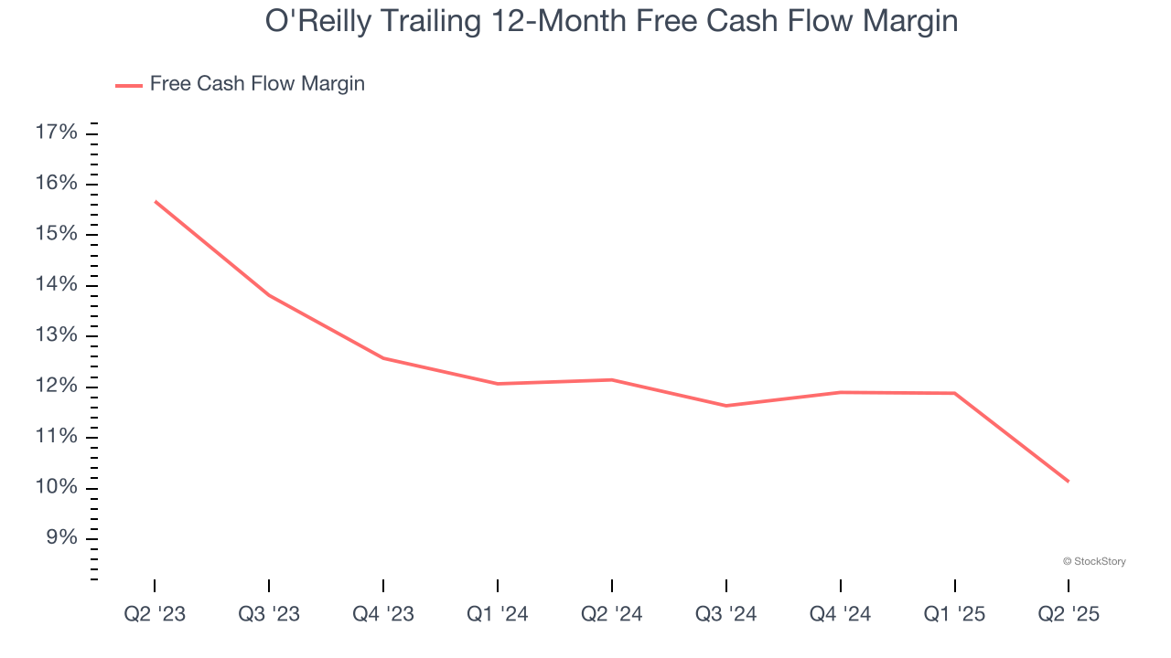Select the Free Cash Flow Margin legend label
pos(257,84)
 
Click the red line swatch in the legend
pos(129,85)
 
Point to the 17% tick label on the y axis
pos(56,133)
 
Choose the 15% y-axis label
pos(56,235)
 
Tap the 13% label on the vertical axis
pos(56,335)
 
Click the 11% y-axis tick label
pos(56,437)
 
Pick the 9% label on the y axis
pos(61,537)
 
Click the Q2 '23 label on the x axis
pos(155,614)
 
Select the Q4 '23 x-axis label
pos(383,614)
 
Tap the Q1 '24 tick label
pos(498,614)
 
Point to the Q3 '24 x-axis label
pos(726,614)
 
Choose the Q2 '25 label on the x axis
pos(1069,614)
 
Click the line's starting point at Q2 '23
pos(155,201)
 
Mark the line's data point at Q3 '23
pos(269,295)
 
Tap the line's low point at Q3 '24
pos(726,406)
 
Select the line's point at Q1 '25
pos(955,393)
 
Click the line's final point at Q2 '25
pos(1069,482)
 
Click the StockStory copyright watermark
pos(1094,561)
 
